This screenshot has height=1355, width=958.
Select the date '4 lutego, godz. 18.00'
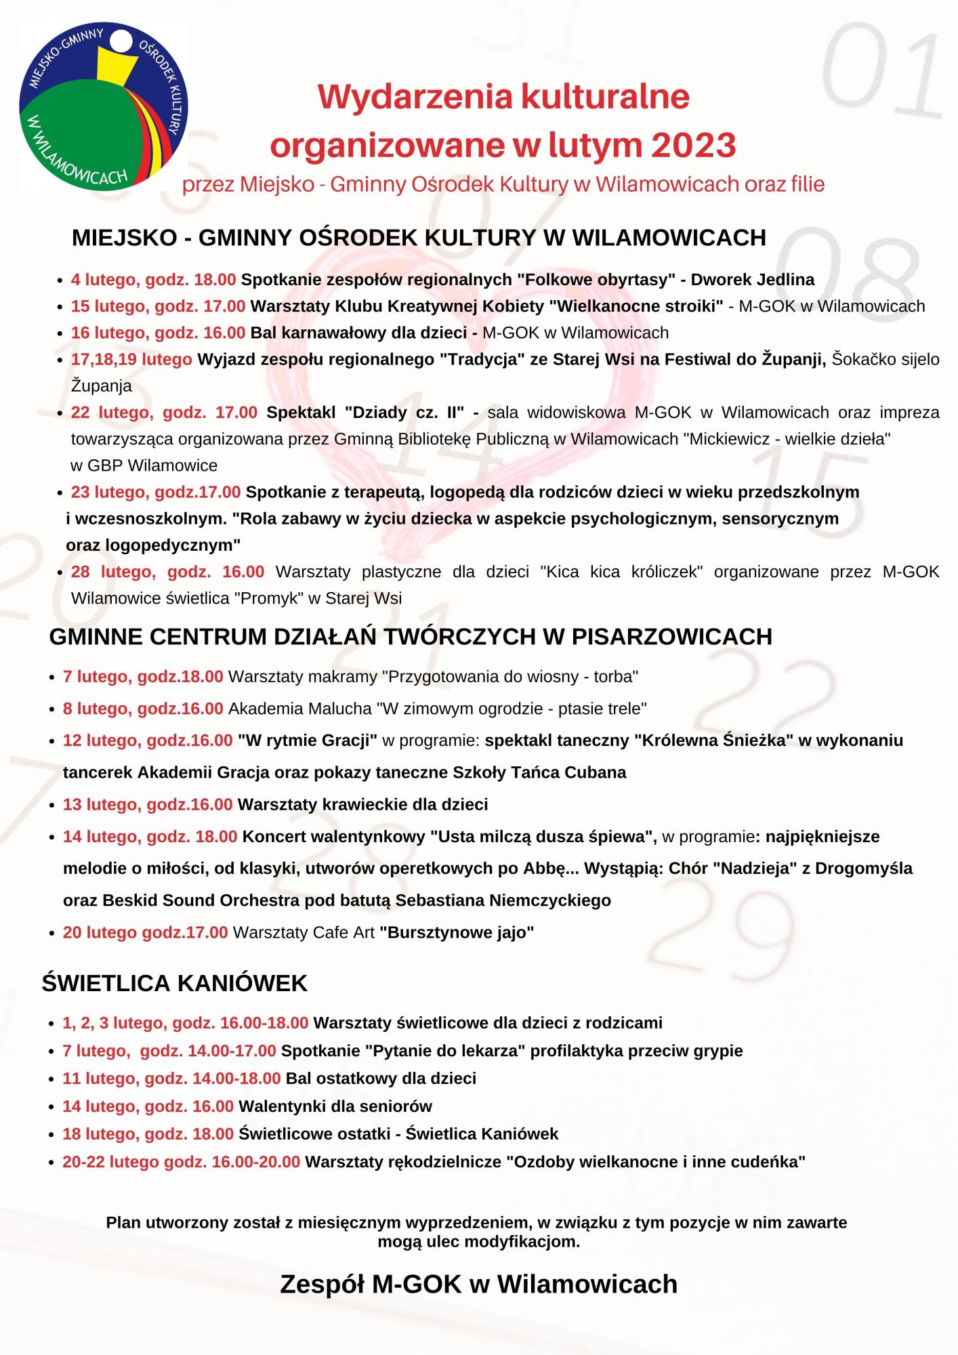(154, 280)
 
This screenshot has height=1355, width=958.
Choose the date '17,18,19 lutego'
(131, 359)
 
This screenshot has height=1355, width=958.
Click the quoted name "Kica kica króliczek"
(621, 572)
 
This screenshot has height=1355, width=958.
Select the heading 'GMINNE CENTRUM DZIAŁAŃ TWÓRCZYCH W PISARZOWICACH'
(411, 637)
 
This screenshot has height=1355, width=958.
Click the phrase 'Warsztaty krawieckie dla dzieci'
(362, 804)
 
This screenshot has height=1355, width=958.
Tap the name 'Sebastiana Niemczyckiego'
(503, 900)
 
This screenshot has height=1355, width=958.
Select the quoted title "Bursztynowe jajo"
(457, 932)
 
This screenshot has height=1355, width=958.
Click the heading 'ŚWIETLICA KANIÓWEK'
(175, 983)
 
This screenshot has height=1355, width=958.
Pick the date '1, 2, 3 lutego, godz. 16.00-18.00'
(186, 1022)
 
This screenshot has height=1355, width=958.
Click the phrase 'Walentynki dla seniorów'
(335, 1106)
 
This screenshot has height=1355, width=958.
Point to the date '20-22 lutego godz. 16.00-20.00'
(182, 1162)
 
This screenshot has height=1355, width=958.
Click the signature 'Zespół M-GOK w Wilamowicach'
(478, 1284)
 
